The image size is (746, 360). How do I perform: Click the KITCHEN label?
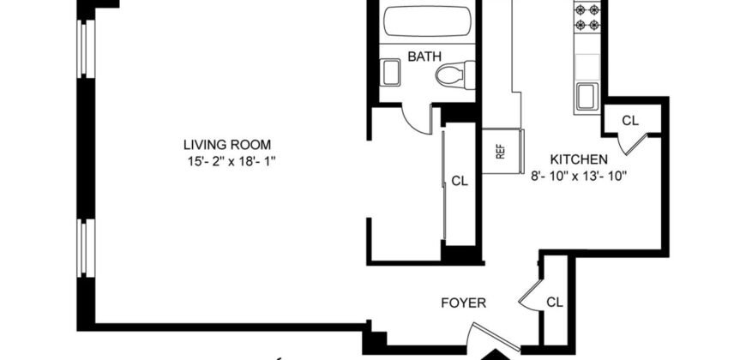click(x=579, y=159)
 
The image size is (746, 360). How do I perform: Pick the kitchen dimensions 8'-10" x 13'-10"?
click(x=579, y=177)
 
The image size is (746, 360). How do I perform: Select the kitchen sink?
click(x=588, y=95)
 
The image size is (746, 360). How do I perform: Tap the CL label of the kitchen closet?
click(x=629, y=121)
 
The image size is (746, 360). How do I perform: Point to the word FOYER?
click(x=464, y=303)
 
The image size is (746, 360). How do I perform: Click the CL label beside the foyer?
click(x=555, y=302)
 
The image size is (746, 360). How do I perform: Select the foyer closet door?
click(x=530, y=297)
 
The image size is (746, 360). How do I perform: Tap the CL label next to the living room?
click(x=460, y=181)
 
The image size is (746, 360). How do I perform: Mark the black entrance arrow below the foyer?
click(x=495, y=354)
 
